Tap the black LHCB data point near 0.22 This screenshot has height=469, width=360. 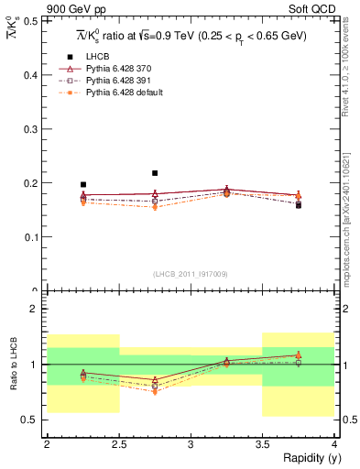coord(155,173)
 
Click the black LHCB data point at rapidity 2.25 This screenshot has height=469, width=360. coord(83,185)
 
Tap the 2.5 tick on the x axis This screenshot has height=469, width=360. coord(118,444)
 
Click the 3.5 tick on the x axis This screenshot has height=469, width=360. coord(262,444)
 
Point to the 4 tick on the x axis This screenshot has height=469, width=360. coord(334,444)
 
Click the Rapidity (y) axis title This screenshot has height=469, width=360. coord(308,458)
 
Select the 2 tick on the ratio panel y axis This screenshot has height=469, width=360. coord(34,310)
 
